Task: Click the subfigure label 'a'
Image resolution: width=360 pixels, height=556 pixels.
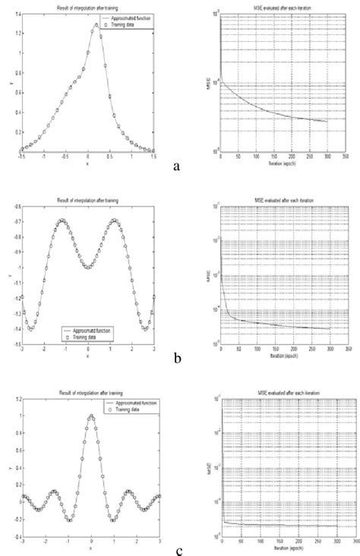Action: pos(176,165)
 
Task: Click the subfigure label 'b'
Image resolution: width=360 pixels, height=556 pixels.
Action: pos(176,354)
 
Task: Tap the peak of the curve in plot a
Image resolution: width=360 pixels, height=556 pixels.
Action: pos(96,24)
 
